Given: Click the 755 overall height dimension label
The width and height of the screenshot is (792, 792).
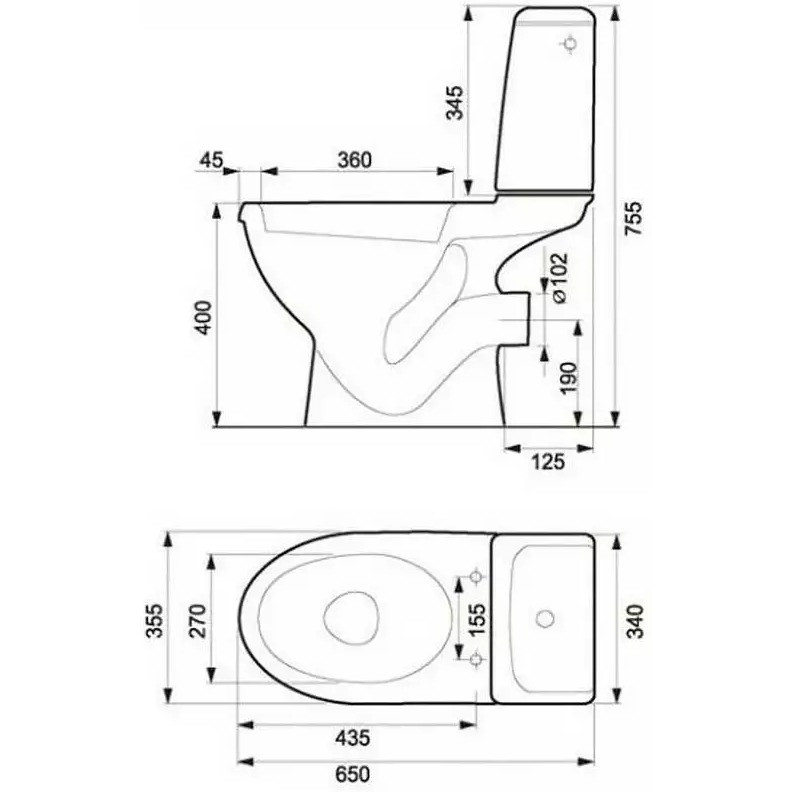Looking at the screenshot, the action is (633, 218).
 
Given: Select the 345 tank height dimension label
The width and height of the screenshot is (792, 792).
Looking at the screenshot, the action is (455, 103).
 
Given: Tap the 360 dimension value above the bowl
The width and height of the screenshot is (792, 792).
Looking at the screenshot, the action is (355, 160).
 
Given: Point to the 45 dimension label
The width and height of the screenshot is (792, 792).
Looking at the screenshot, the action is (211, 160).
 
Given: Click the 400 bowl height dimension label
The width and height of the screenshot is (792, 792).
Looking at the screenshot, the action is (205, 317).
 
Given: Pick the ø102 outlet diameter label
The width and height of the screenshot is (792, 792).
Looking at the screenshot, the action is (560, 278).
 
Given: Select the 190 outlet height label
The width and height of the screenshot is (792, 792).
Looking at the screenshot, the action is (568, 378).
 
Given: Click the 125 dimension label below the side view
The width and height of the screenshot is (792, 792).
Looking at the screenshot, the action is (548, 462).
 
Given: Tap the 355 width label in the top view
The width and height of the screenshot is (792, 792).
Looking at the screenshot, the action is (155, 620).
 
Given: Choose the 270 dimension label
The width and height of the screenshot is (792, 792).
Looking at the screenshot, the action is (197, 620).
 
